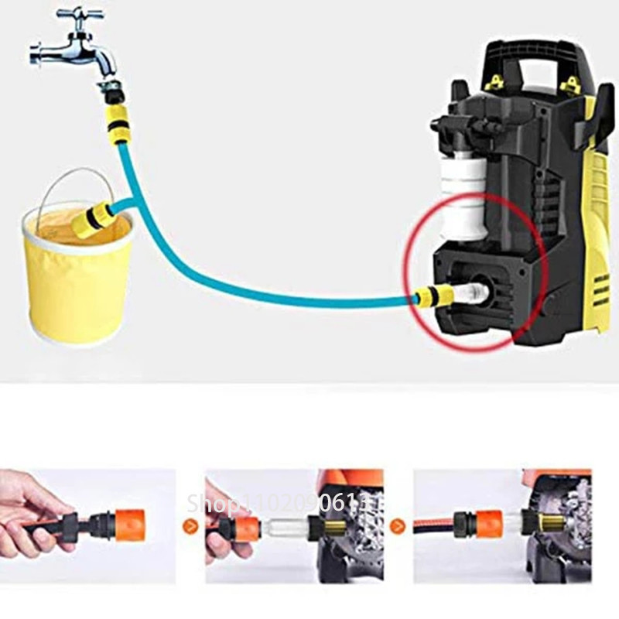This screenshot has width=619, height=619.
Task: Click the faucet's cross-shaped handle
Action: pos(80,15)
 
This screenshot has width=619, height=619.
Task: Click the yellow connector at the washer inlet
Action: pos(429,296)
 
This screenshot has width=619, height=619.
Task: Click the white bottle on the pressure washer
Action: pos(462,193)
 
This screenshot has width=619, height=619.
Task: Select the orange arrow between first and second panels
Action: pos(190,527)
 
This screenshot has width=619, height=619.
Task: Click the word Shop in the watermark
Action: pos(208,504)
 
